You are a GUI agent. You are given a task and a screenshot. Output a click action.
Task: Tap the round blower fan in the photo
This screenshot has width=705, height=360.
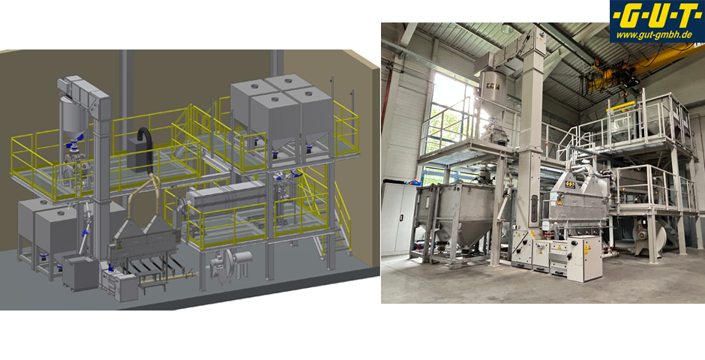[648, 238]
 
